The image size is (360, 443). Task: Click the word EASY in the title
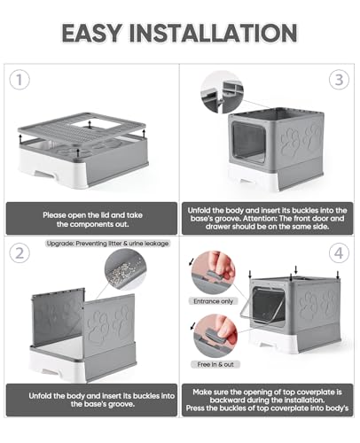(x=92, y=33)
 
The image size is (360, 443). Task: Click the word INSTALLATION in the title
(x=213, y=33)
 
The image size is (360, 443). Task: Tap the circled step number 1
(x=20, y=80)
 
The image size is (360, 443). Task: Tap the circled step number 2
(x=20, y=253)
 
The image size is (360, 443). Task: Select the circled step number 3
(x=339, y=80)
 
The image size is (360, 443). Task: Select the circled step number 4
(x=339, y=253)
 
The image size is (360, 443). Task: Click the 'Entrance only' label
(x=214, y=301)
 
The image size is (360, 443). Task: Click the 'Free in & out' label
(x=215, y=364)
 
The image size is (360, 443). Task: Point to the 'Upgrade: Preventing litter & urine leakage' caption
(x=107, y=244)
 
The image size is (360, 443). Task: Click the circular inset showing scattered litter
(x=125, y=269)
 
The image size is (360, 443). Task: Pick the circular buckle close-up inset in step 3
(x=222, y=92)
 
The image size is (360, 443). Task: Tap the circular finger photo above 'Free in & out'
(x=215, y=336)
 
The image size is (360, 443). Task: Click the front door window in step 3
(x=249, y=142)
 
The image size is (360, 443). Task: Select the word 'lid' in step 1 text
(x=105, y=215)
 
